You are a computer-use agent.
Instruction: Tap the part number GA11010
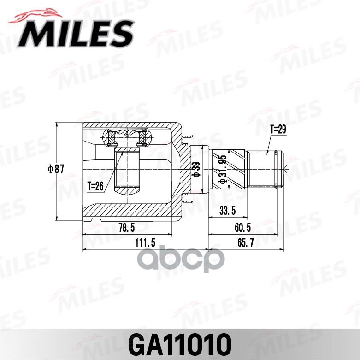(x=180, y=343)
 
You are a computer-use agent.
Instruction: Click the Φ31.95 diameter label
(x=223, y=170)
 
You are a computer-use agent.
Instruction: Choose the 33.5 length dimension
(x=228, y=211)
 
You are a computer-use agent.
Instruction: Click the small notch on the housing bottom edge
(x=95, y=220)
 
